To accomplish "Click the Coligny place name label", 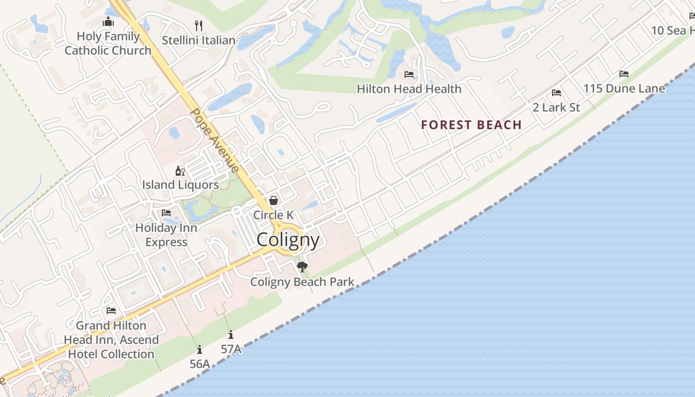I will [288, 240].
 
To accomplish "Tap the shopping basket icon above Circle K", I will [273, 200].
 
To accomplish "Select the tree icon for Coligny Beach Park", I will [302, 267].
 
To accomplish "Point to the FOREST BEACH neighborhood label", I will [471, 125].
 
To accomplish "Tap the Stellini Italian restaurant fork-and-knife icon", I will [199, 25].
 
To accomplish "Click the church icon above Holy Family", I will [108, 22].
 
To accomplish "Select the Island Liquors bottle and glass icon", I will [180, 171].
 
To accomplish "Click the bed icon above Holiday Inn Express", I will [166, 213].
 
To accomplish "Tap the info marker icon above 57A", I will [231, 335].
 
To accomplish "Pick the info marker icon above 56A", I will [200, 350].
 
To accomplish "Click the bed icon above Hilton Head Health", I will [409, 74].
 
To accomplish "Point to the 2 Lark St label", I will [556, 107].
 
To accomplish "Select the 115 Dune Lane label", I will [624, 89].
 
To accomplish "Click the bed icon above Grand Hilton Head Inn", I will [111, 311].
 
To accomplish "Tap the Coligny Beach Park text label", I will [302, 282].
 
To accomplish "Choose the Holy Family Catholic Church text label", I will [108, 43].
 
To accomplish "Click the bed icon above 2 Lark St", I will [556, 93].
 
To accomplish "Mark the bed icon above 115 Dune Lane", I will [624, 74].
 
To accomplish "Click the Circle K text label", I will [274, 215].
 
